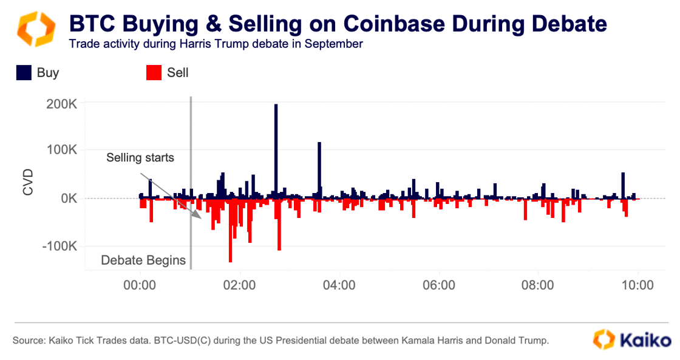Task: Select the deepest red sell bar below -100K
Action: point(230,230)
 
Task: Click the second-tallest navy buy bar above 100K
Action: point(319,170)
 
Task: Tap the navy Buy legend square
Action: point(24,73)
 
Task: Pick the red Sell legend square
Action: point(154,73)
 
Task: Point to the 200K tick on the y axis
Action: point(61,104)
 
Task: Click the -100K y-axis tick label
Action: point(59,246)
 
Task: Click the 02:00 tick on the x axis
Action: point(240,285)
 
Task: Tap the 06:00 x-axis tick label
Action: point(439,285)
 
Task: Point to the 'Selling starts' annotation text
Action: point(140,158)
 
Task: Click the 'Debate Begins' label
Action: point(143,260)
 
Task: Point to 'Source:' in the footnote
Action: point(28,341)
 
